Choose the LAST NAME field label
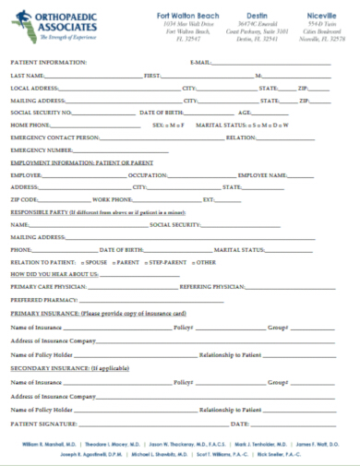point(27,75)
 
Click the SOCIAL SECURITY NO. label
point(41,112)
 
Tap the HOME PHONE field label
point(30,124)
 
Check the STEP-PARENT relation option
point(167,262)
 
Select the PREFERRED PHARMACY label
point(42,300)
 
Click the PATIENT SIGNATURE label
point(42,424)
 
